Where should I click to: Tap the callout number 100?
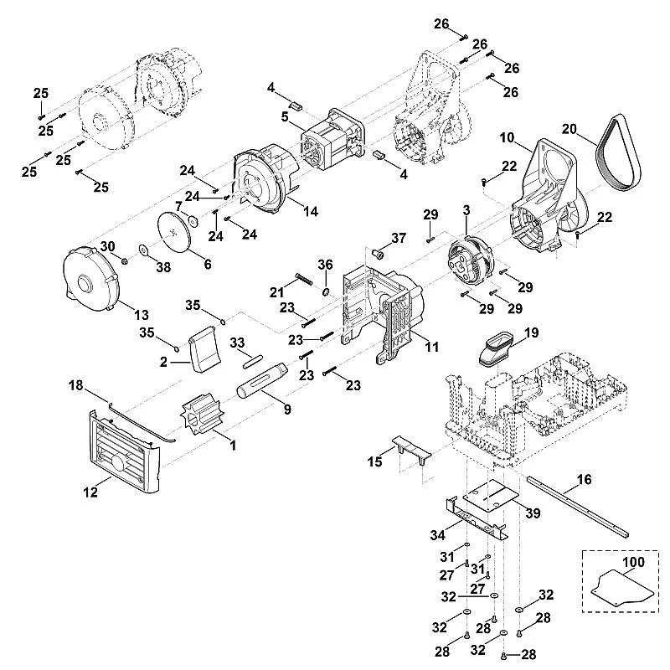[x=633, y=562]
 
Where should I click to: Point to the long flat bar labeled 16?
[x=578, y=507]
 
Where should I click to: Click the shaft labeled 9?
[x=262, y=381]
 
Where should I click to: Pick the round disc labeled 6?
[x=175, y=234]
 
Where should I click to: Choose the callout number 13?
[x=142, y=315]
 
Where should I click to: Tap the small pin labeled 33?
[x=254, y=360]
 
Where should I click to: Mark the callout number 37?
[x=399, y=238]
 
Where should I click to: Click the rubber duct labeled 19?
[x=497, y=350]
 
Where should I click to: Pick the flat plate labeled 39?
[x=492, y=495]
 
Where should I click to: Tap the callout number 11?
[x=432, y=347]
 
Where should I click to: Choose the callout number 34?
[x=437, y=535]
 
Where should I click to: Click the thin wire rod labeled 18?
[x=142, y=423]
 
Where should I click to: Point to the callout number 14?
[x=310, y=211]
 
